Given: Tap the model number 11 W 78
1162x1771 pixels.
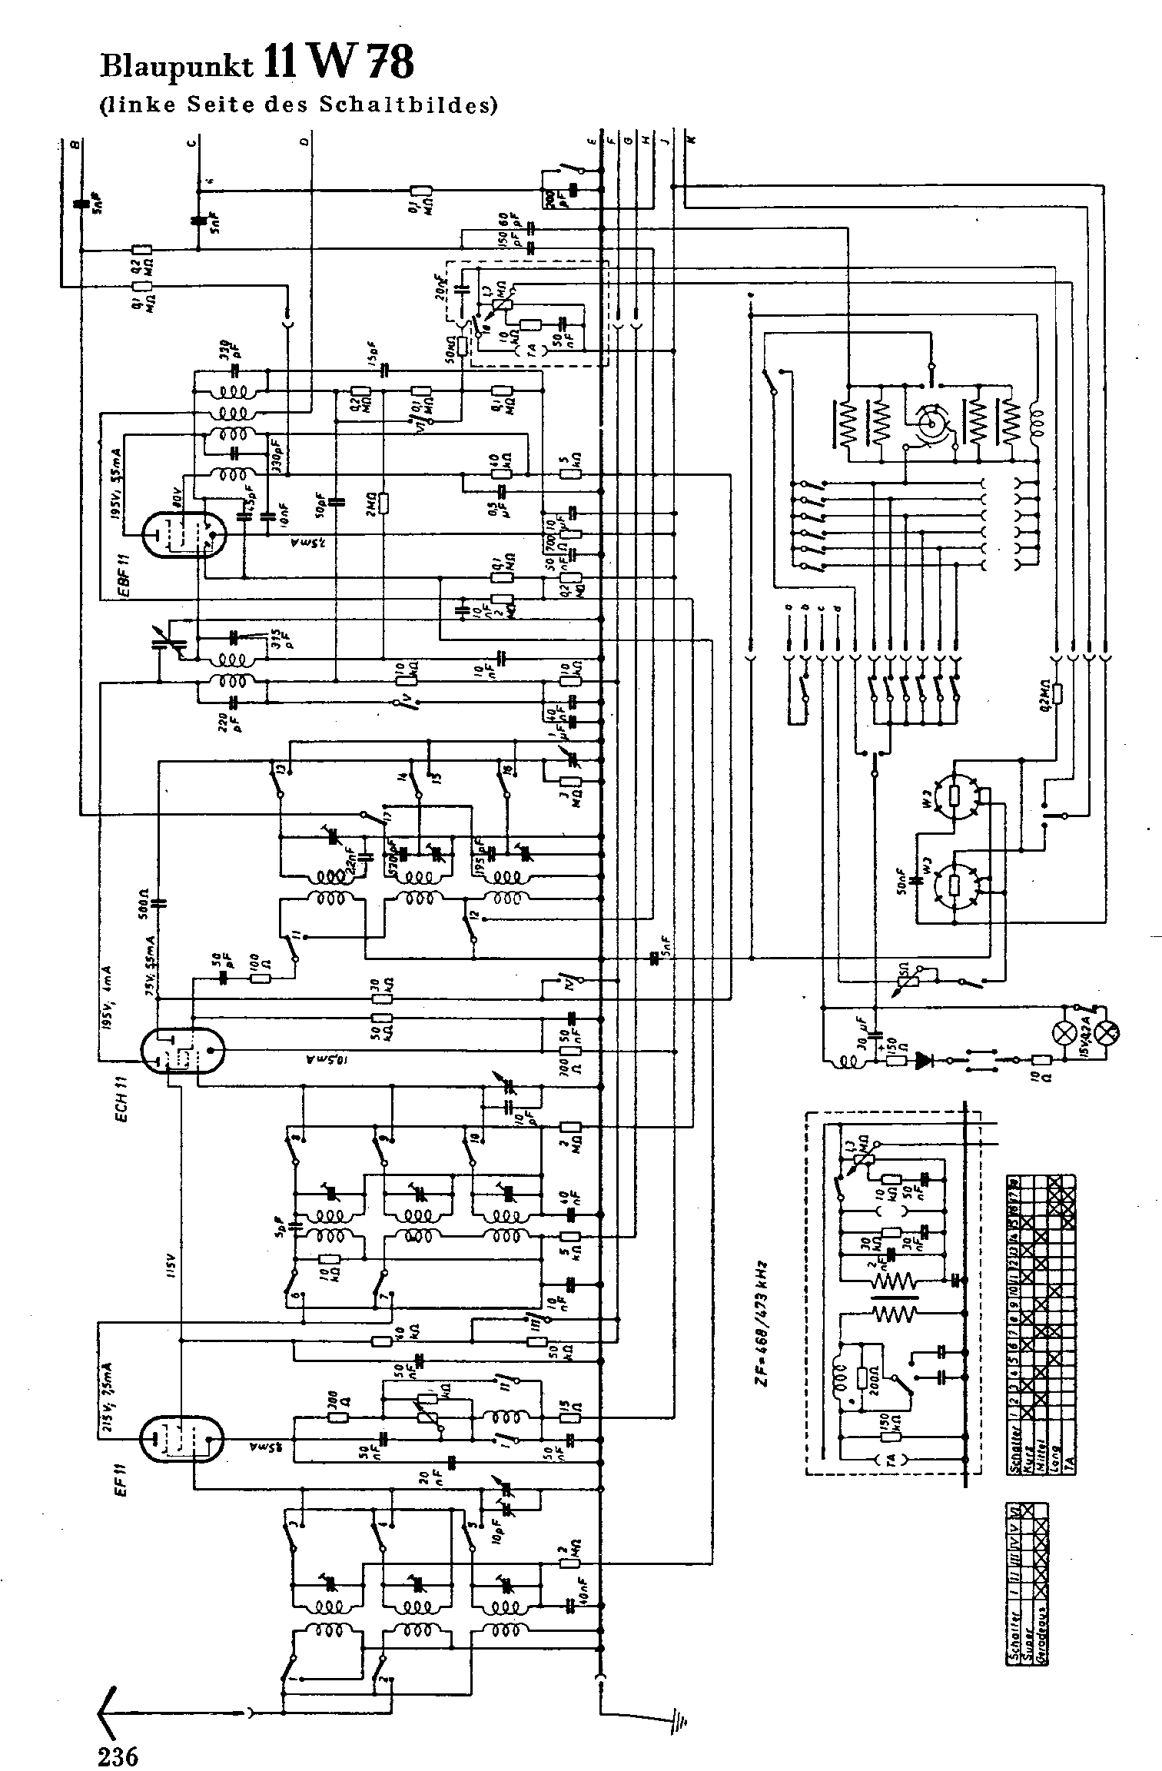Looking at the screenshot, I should pyautogui.click(x=338, y=62).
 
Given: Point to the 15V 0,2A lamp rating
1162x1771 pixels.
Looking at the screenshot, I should pyautogui.click(x=1084, y=1032).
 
